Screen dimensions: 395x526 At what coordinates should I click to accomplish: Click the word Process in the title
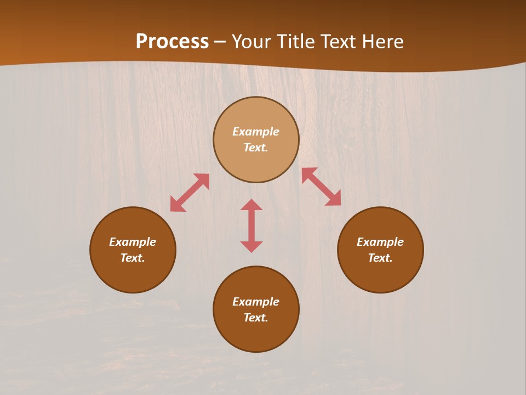[x=172, y=42]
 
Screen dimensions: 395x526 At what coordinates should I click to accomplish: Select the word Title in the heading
[x=298, y=42]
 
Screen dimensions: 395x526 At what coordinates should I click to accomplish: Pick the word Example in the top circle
[x=256, y=132]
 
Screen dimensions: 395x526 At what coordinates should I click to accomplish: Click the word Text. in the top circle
[x=256, y=148]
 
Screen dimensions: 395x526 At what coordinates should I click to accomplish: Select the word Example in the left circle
[x=133, y=242]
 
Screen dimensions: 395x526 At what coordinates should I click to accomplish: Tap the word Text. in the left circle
[x=133, y=258]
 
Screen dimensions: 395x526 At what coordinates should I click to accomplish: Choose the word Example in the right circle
[x=380, y=242]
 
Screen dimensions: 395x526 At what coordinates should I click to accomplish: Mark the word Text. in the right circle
[x=380, y=258]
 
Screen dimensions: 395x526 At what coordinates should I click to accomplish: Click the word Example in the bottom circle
[x=256, y=302]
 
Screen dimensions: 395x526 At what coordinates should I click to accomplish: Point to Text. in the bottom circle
[x=256, y=318]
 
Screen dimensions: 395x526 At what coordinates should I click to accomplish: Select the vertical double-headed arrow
[x=251, y=225]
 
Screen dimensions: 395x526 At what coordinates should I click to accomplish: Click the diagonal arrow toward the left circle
[x=190, y=193]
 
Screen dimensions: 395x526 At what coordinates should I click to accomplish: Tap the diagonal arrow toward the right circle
[x=321, y=187]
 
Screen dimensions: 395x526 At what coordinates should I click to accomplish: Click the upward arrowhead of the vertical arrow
[x=251, y=205]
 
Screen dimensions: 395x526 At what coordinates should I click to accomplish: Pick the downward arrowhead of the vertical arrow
[x=251, y=246]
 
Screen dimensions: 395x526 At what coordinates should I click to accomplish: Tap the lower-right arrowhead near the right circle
[x=334, y=199]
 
